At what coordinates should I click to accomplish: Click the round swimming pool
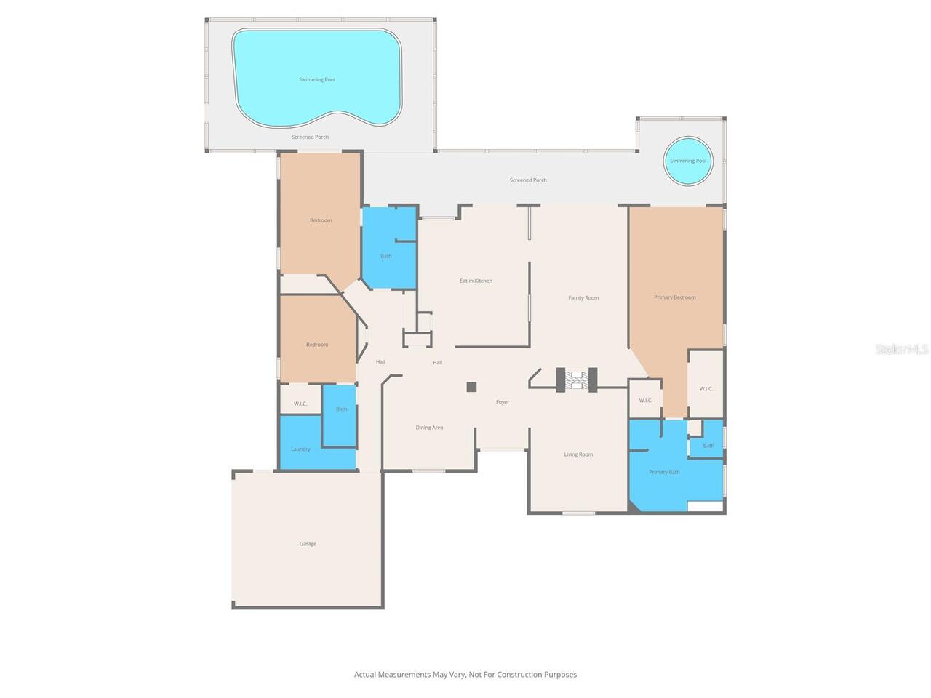coord(687,161)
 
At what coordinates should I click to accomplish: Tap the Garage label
coord(308,543)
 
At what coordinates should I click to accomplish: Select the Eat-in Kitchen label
coord(476,281)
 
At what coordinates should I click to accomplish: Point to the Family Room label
coord(583,298)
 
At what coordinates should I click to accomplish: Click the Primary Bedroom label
coord(674,297)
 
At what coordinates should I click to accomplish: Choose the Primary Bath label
coord(664,472)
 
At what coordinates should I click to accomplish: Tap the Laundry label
coord(300,449)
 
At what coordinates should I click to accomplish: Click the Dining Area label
coord(429,428)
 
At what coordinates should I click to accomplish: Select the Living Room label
coord(578,454)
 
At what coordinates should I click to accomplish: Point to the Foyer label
coord(502,402)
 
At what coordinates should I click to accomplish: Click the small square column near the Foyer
coord(471,387)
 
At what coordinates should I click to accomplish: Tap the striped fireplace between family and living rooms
coord(576,380)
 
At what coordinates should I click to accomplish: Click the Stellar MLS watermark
coord(902,349)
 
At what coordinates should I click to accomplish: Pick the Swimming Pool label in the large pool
coord(317,80)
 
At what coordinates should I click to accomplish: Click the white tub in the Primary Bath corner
coord(705,507)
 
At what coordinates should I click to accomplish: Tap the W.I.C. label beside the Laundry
coord(300,404)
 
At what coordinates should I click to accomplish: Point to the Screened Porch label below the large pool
coord(310,137)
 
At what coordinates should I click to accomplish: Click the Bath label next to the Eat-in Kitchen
coord(386,257)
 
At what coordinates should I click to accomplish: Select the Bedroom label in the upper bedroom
coord(321,220)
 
